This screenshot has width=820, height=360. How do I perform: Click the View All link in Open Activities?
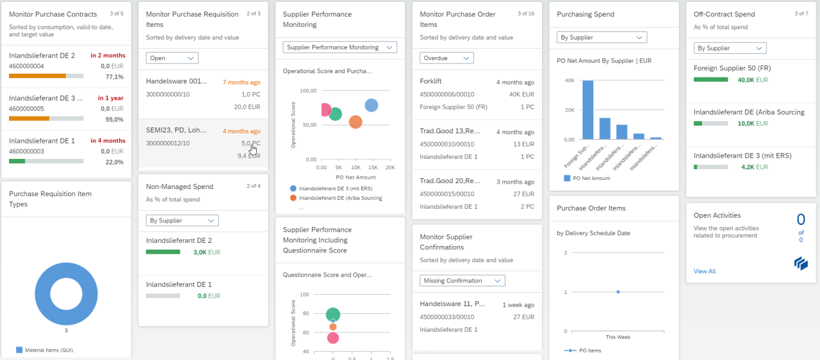[x=705, y=272]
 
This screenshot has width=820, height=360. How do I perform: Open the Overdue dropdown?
[x=447, y=58]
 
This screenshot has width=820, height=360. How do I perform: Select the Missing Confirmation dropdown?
[x=463, y=281]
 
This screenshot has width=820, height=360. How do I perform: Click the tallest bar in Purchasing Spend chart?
[x=587, y=110]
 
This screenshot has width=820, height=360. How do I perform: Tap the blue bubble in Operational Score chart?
[x=371, y=106]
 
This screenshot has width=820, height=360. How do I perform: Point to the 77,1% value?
[x=114, y=77]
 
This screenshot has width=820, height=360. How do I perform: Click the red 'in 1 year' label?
[x=110, y=98]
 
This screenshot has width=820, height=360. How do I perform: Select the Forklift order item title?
[x=430, y=81]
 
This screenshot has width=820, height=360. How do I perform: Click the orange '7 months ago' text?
[x=241, y=82]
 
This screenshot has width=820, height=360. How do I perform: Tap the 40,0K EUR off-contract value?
[x=752, y=80]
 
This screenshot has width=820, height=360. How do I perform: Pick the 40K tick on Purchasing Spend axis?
[x=569, y=81]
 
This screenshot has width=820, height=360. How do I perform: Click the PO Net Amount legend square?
[x=567, y=178]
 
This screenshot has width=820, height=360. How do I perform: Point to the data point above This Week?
[x=618, y=291]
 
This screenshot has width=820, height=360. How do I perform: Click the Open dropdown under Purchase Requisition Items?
[x=172, y=58]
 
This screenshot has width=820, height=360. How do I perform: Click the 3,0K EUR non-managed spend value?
[x=206, y=252]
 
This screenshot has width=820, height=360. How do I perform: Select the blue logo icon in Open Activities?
[x=800, y=263]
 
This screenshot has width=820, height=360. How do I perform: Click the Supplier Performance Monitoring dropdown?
[x=340, y=47]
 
